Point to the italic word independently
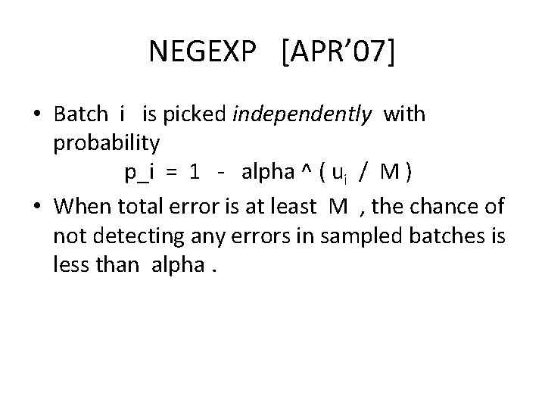pos(303,114)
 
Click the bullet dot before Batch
pos(37,115)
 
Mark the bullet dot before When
pos(37,206)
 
